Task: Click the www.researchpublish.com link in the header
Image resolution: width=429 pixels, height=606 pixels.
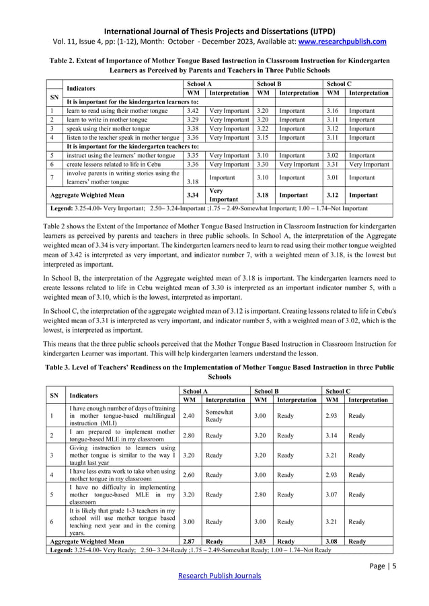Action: click(343, 41)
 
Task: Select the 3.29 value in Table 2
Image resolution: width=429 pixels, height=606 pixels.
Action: click(192, 120)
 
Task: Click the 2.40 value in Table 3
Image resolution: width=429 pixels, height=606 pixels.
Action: click(190, 416)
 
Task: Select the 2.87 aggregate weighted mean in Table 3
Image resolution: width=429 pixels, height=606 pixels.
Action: click(190, 540)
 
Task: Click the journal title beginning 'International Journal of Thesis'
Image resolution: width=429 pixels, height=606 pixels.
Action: click(214, 30)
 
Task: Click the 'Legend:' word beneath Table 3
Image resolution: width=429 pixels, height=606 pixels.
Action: click(65, 550)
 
